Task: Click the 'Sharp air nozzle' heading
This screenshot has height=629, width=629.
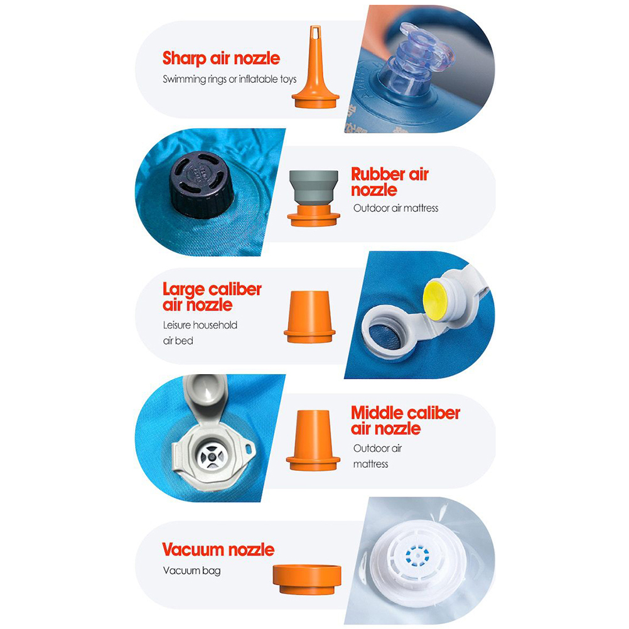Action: click(x=221, y=58)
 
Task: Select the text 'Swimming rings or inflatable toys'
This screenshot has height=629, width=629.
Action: click(x=230, y=79)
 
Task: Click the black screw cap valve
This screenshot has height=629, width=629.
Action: click(x=202, y=186)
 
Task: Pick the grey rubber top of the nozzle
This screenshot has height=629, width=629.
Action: click(x=313, y=187)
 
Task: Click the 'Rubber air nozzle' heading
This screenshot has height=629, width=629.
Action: click(x=390, y=181)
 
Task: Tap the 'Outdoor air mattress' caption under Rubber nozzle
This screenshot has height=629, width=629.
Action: click(x=395, y=208)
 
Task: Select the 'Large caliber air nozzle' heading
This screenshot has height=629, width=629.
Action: click(x=212, y=297)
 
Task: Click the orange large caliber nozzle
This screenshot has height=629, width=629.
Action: click(x=309, y=316)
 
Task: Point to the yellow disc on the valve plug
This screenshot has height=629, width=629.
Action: click(x=434, y=301)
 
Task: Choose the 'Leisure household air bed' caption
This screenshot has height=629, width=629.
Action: click(x=200, y=333)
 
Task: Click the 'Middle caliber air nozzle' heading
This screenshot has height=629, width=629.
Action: click(x=405, y=421)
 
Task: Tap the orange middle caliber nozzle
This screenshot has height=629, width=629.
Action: click(x=313, y=440)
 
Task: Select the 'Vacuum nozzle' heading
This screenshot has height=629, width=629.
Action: click(x=218, y=549)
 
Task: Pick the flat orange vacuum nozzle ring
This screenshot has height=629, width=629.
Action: click(x=307, y=579)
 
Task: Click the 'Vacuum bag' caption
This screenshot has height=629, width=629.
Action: click(x=191, y=571)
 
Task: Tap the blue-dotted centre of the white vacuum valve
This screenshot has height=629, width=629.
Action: click(x=418, y=556)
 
